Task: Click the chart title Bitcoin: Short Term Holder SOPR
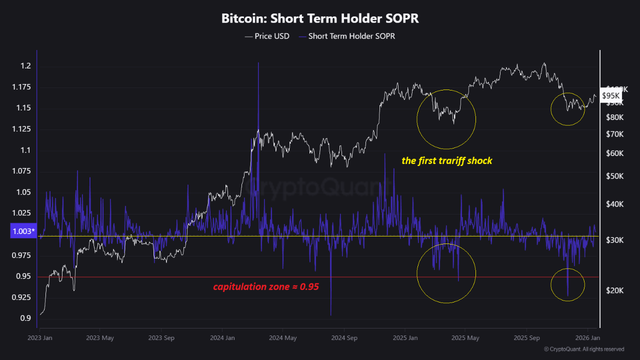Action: click(320, 18)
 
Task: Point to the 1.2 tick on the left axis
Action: click(26, 66)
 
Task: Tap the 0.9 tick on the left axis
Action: click(26, 318)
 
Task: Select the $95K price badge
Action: click(610, 95)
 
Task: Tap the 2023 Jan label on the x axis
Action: click(39, 338)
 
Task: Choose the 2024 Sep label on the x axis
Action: click(344, 338)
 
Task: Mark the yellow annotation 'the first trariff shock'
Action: click(447, 161)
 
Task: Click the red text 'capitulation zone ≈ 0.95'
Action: click(266, 287)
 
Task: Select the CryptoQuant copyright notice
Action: click(583, 349)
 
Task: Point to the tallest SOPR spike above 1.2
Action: click(258, 63)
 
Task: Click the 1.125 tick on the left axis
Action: click(22, 129)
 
